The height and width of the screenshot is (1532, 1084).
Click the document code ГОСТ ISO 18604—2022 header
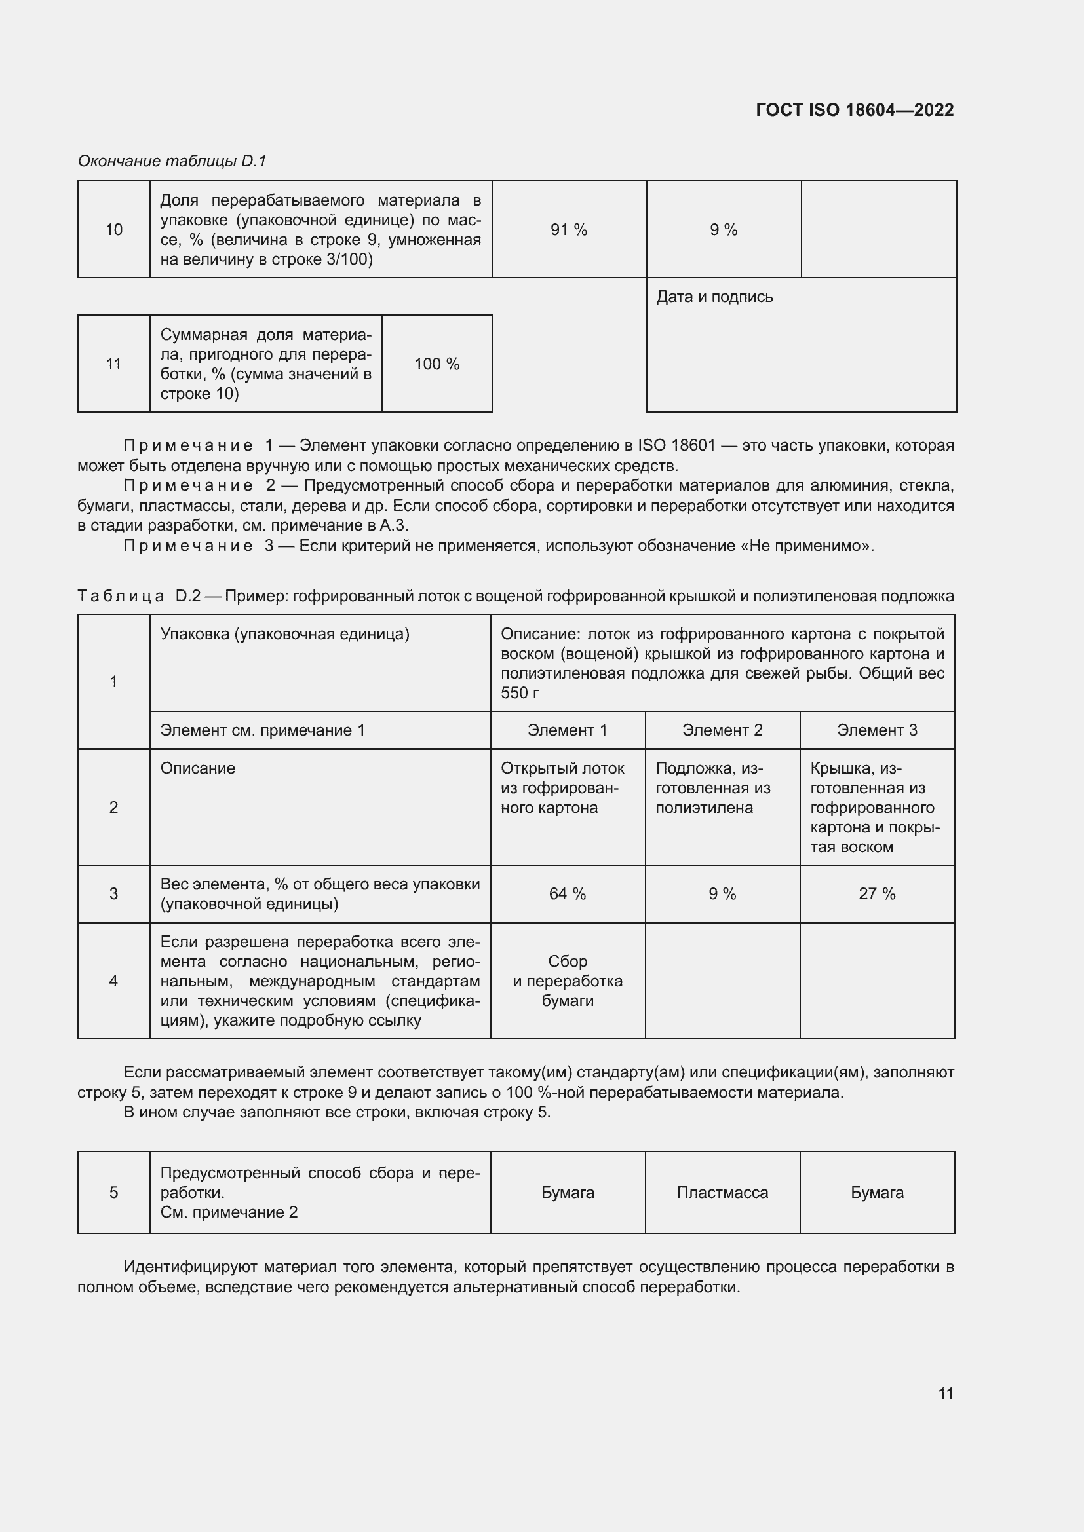coord(855,110)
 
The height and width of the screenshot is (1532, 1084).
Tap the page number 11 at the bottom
coord(945,1393)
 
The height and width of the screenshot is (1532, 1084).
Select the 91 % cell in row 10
coord(569,229)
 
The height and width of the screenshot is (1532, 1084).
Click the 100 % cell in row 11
coord(436,364)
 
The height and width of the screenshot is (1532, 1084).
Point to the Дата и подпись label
coord(714,297)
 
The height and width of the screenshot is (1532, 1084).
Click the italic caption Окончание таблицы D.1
coord(172,161)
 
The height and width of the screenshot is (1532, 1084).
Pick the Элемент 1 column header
coord(568,730)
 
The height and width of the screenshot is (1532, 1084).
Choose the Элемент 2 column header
coord(722,730)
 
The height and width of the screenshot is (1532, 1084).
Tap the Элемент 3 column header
coord(877,730)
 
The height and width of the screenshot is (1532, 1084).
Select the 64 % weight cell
coord(568,893)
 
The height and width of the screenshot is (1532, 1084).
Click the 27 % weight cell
coord(877,893)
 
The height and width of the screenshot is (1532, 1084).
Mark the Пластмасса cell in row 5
coord(722,1192)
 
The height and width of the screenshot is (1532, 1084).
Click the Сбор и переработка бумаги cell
coord(568,981)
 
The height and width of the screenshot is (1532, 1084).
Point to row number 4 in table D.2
coord(113,981)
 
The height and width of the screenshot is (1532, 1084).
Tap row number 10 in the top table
coord(113,229)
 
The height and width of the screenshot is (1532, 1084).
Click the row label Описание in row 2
coord(197,768)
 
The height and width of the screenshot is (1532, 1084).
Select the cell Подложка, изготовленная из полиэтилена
coord(713,788)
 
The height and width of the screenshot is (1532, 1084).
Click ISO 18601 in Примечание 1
coord(677,445)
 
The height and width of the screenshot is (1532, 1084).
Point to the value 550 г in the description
coord(519,692)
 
